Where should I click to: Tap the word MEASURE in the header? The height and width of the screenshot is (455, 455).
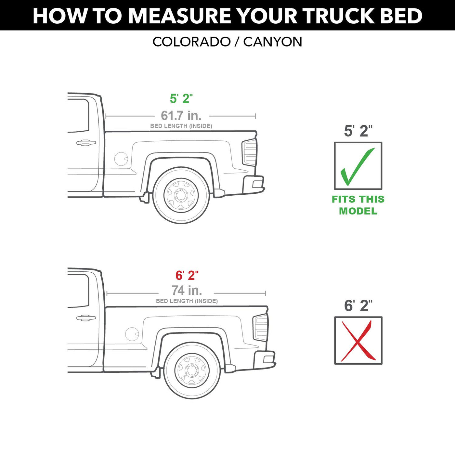click(179, 16)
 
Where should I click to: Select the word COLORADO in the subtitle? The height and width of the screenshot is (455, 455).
click(191, 42)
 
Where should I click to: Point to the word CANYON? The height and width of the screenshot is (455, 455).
click(273, 42)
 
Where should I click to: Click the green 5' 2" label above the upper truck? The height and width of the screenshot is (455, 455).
click(181, 98)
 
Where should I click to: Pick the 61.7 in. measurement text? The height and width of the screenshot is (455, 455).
click(181, 116)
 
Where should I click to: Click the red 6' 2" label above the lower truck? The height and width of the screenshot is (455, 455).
click(187, 276)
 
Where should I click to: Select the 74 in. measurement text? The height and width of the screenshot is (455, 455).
click(187, 291)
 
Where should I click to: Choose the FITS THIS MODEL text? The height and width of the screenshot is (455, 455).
click(358, 205)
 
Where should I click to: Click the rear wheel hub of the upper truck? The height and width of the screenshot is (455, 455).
click(181, 195)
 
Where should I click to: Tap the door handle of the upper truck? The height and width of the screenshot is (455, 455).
click(86, 143)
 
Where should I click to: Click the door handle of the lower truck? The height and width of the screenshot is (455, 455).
click(86, 318)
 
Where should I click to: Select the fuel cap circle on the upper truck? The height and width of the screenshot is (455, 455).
click(121, 159)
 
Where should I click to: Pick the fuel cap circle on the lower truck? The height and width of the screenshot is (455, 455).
click(132, 334)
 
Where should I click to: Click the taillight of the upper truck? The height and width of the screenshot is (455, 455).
click(249, 152)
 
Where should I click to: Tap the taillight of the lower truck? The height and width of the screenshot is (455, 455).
click(260, 328)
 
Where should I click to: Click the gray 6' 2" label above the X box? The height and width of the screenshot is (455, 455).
click(358, 306)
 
